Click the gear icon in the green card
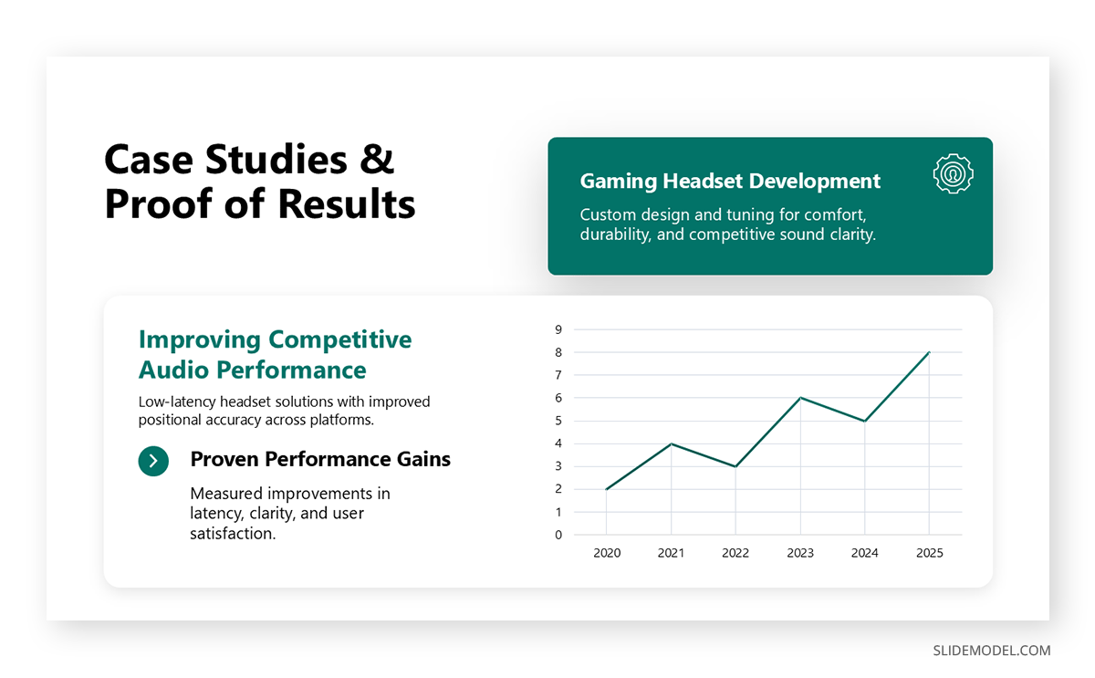tap(953, 173)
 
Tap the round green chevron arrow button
tap(153, 461)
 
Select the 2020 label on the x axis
tap(606, 553)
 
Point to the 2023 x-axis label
tap(800, 553)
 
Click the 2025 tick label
tap(929, 553)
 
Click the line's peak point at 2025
tap(929, 352)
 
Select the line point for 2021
tap(671, 443)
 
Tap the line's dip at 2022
tap(735, 466)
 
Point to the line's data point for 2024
tap(864, 421)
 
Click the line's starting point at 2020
tap(606, 489)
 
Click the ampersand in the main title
tap(376, 160)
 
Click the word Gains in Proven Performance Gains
tap(422, 459)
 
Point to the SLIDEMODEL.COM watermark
tap(991, 651)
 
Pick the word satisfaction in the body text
tap(233, 534)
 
